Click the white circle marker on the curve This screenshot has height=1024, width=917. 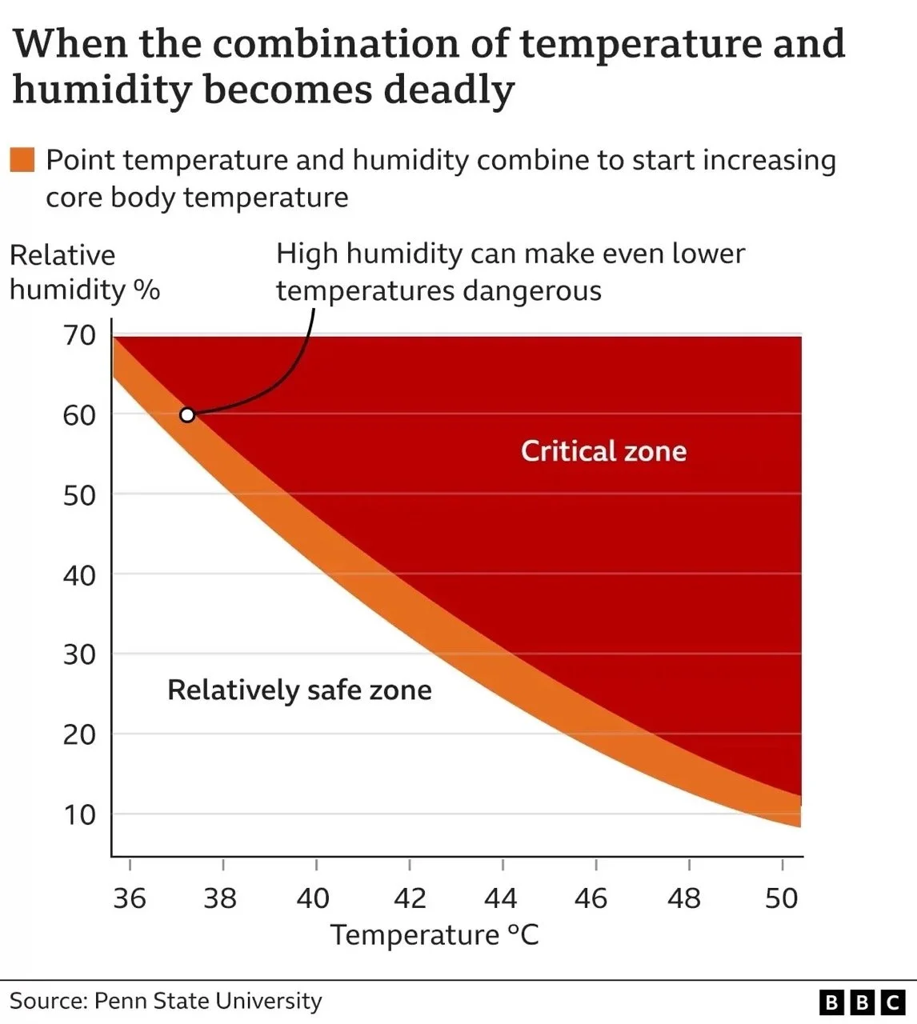click(187, 414)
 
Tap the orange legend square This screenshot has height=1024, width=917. click(22, 160)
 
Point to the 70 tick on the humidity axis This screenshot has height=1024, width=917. click(79, 335)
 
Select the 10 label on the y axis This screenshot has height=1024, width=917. click(79, 814)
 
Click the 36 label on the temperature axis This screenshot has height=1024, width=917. click(130, 898)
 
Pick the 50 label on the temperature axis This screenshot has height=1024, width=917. click(781, 898)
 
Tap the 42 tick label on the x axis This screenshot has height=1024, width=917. click(410, 898)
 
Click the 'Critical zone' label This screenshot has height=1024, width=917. click(603, 451)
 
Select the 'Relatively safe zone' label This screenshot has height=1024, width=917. click(299, 690)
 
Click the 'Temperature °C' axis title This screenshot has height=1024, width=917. click(434, 934)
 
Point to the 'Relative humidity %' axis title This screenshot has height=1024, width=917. click(84, 272)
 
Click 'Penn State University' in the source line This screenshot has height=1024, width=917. click(208, 1001)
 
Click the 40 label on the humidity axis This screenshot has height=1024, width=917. click(79, 574)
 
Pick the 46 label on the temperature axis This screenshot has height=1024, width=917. click(591, 898)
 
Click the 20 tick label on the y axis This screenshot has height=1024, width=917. click(79, 734)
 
